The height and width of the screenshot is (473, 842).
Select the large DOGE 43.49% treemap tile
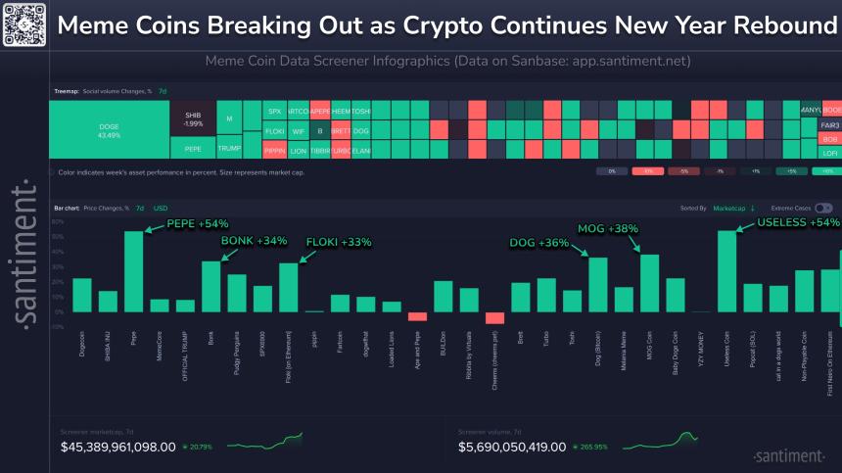pyautogui.click(x=109, y=129)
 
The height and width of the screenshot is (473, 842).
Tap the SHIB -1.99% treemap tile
pyautogui.click(x=193, y=119)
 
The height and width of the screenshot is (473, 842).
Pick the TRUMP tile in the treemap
pyautogui.click(x=228, y=149)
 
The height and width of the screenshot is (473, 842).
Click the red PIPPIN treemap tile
pyautogui.click(x=274, y=150)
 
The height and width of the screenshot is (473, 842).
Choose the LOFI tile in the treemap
pyautogui.click(x=830, y=153)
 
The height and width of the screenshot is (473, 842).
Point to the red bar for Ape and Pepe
pyautogui.click(x=417, y=316)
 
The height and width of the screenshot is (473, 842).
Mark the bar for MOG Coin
pyautogui.click(x=649, y=283)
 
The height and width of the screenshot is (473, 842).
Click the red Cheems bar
pyautogui.click(x=494, y=317)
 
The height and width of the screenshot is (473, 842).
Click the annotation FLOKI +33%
pyautogui.click(x=339, y=242)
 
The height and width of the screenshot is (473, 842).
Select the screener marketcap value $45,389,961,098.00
pyautogui.click(x=118, y=447)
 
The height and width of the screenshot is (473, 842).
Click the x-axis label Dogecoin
pyautogui.click(x=82, y=343)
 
